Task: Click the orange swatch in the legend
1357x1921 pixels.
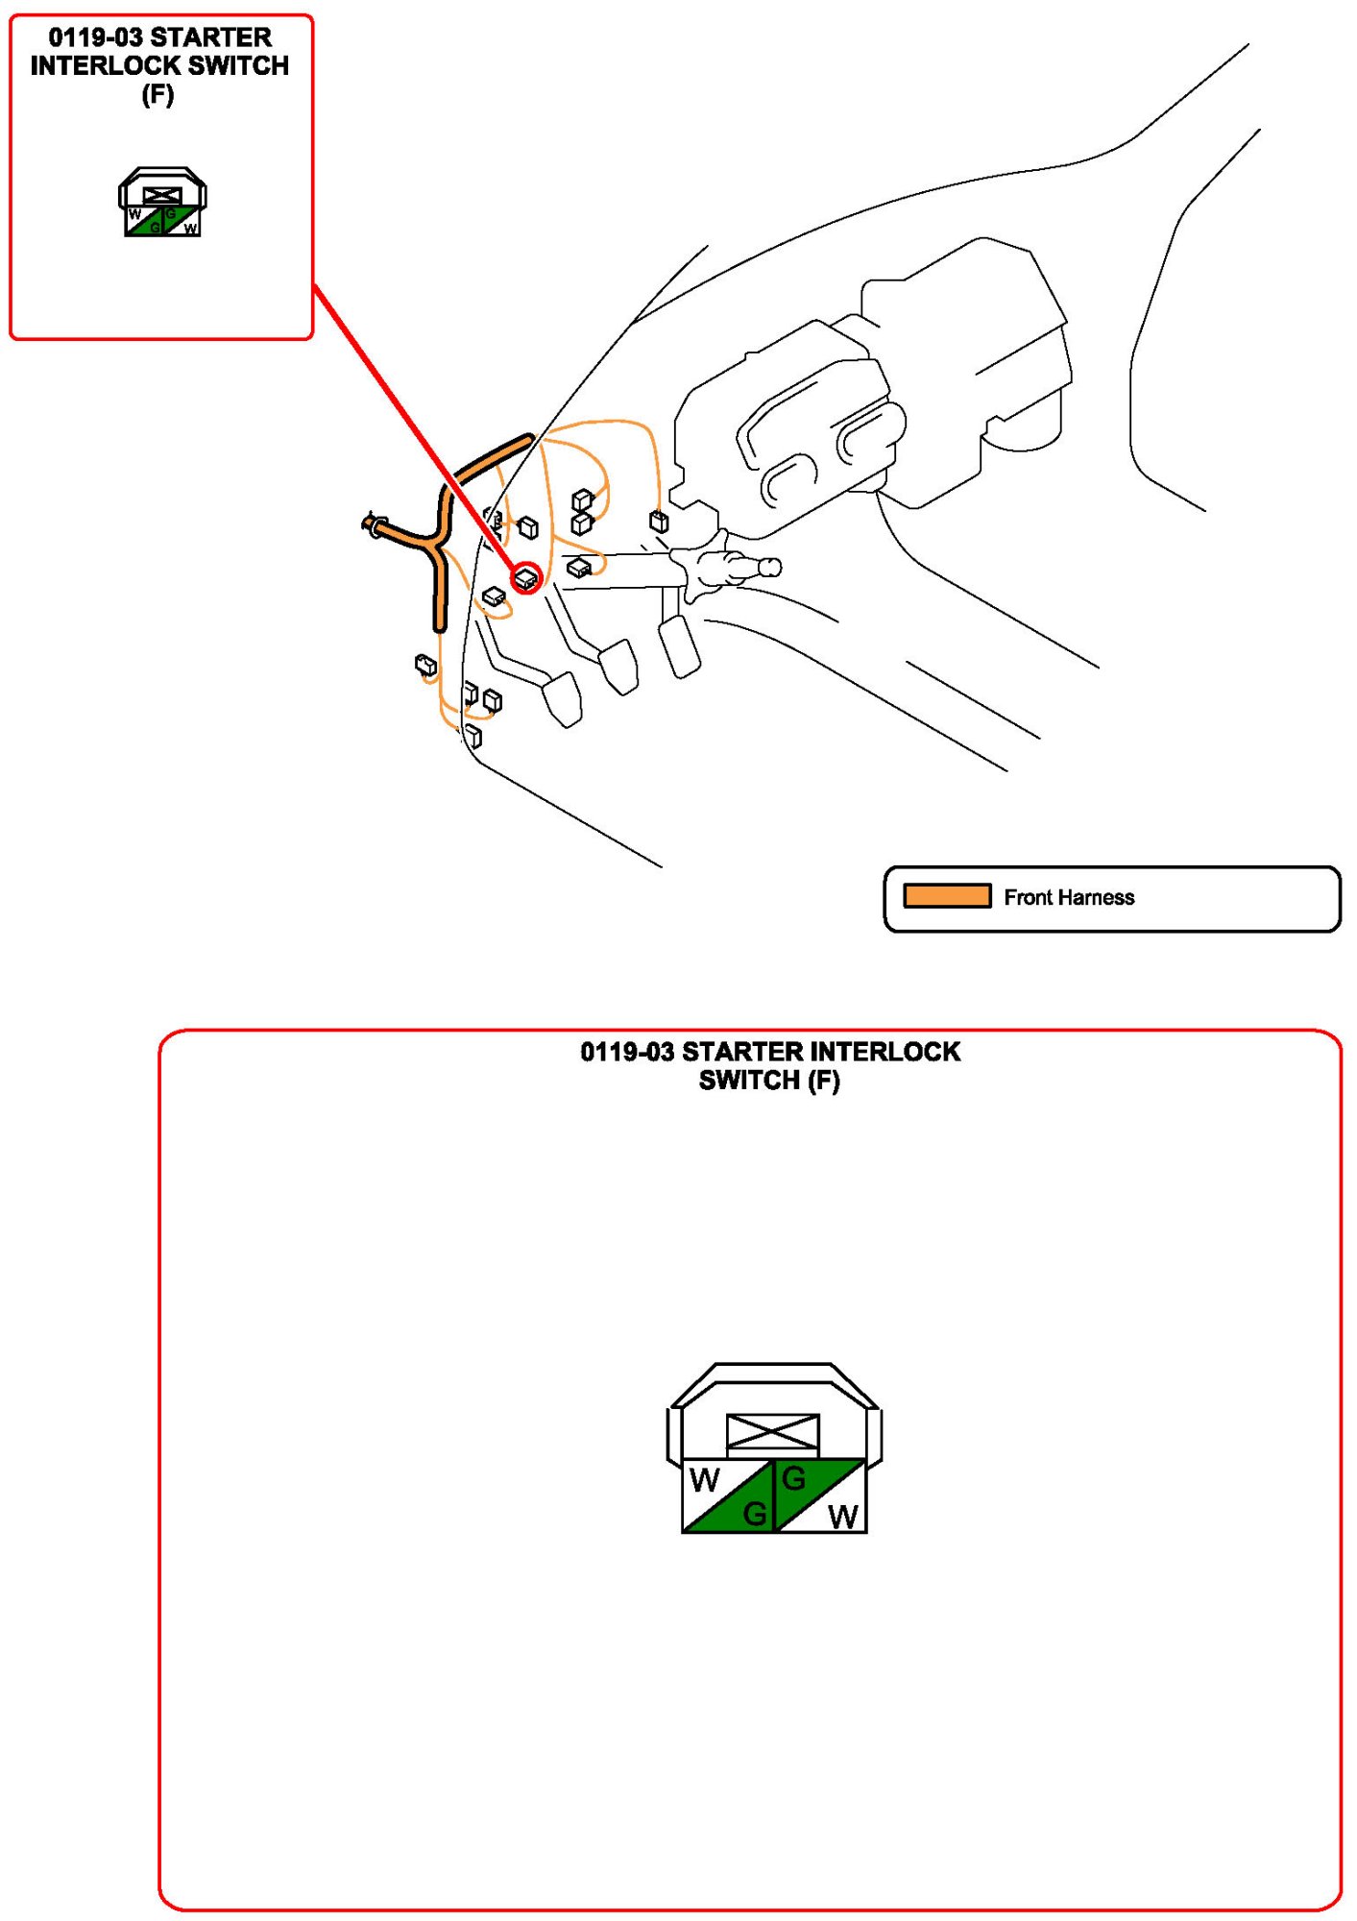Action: pos(946,896)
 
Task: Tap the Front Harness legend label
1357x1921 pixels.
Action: pos(1069,897)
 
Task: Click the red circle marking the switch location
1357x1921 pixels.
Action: pos(526,578)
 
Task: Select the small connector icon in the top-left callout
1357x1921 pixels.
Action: pos(162,203)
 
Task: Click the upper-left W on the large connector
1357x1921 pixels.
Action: pos(704,1481)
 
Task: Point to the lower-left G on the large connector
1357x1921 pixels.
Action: pos(755,1515)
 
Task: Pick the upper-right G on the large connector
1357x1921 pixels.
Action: pos(793,1479)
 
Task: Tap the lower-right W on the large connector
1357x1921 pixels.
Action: pos(842,1517)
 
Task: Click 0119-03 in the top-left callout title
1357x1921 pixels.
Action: pos(95,37)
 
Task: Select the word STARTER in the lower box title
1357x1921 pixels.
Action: pos(743,1052)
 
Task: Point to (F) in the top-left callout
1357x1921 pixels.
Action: pos(158,94)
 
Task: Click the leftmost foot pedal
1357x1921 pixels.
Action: pos(563,698)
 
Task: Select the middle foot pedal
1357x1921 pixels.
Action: pos(618,666)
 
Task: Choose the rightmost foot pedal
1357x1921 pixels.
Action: pos(679,645)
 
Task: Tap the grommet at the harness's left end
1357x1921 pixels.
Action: pos(372,524)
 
